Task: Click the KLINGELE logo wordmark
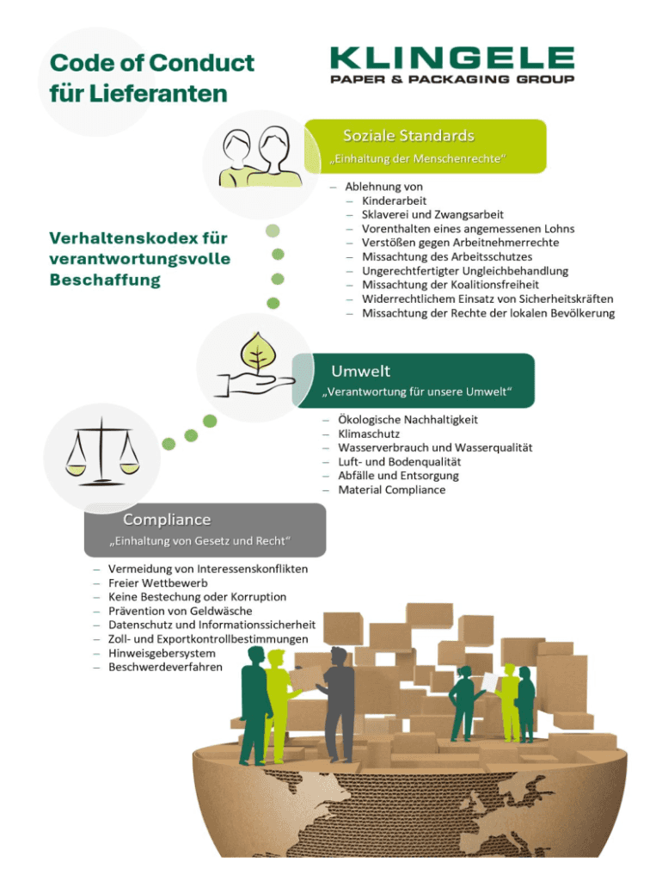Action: point(452,59)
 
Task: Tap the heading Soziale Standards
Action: point(408,136)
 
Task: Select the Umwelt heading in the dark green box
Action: point(361,371)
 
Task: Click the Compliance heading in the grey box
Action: point(167,520)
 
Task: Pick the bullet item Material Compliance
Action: point(391,490)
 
